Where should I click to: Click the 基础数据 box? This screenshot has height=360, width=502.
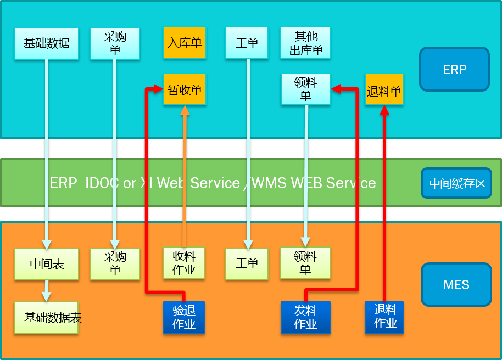47,43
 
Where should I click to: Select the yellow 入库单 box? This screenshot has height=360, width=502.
185,43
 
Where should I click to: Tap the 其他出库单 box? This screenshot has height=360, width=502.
306,43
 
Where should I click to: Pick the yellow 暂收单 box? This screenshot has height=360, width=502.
185,89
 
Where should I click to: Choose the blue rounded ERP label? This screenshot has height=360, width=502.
454,69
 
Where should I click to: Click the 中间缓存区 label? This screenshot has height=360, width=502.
457,183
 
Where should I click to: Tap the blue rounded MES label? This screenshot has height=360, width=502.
456,285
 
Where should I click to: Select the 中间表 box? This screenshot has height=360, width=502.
47,264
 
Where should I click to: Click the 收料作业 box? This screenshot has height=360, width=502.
184,263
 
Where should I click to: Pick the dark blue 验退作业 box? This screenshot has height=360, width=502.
184,317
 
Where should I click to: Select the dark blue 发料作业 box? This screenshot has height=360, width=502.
305,317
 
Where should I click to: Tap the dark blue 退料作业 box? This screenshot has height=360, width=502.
384,317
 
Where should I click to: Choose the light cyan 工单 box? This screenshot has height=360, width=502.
247,43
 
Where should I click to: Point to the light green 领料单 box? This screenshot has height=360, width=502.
305,263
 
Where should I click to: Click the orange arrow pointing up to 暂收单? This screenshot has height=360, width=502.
185,176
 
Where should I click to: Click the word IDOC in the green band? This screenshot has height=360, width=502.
102,183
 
